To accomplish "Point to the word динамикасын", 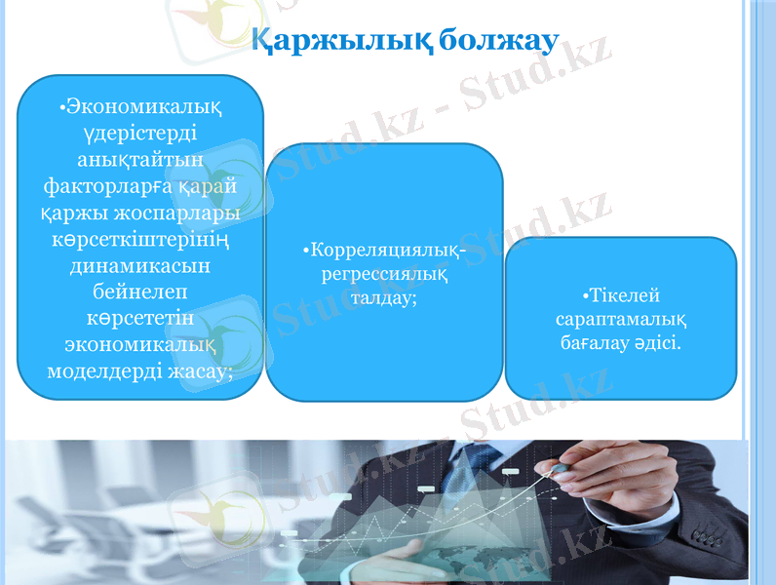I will pyautogui.click(x=142, y=264).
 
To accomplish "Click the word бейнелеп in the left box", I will pyautogui.click(x=141, y=291).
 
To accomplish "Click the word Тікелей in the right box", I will pyautogui.click(x=621, y=296).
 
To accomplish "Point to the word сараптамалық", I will pyautogui.click(x=621, y=320).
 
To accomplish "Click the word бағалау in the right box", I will pyautogui.click(x=596, y=343).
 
